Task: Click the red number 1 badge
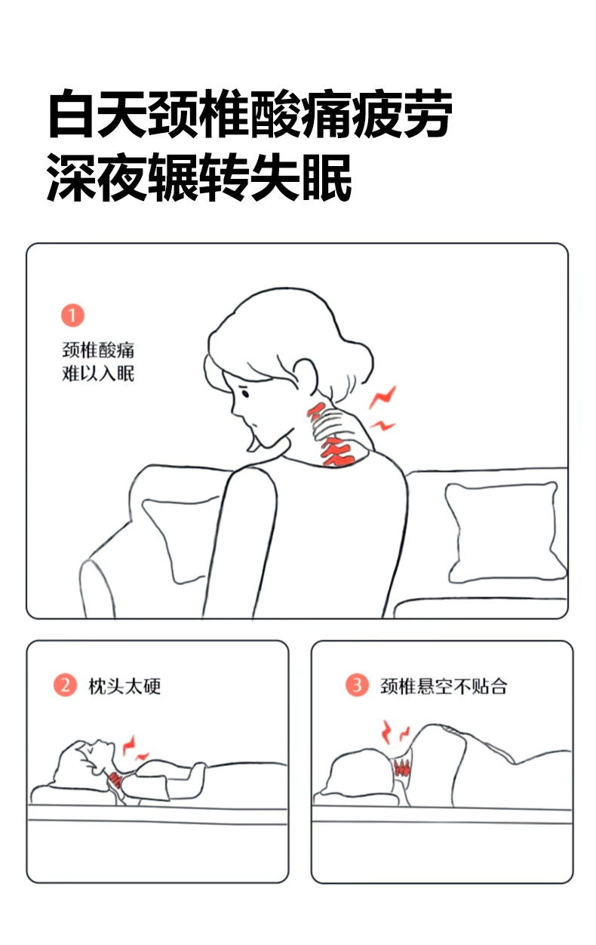(x=72, y=316)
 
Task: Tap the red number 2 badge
(x=65, y=685)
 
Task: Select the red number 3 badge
(x=357, y=685)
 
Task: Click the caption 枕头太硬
(x=124, y=686)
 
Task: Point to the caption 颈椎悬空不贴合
(x=444, y=686)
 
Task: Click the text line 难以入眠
(x=98, y=374)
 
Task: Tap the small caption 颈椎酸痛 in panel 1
(x=98, y=350)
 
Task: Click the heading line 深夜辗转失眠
(x=198, y=177)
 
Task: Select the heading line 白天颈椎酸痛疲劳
(x=250, y=113)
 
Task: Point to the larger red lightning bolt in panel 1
(x=382, y=397)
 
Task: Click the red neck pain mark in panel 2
(x=115, y=778)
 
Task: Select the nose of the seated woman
(x=233, y=411)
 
